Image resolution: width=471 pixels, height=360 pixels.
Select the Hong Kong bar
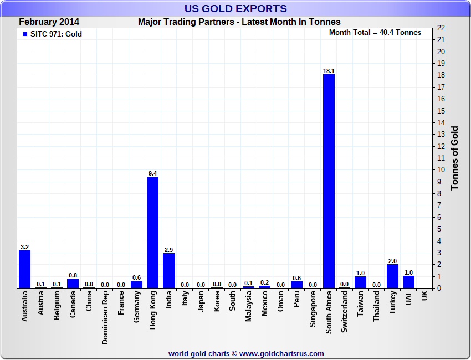point(152,233)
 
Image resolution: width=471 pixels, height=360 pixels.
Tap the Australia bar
point(24,269)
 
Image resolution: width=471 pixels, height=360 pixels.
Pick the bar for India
point(168,271)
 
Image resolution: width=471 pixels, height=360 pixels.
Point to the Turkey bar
point(392,276)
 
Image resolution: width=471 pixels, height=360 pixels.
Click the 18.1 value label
point(329,71)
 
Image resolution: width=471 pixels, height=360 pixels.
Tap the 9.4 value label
point(152,173)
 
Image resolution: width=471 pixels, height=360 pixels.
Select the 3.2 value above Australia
point(24,247)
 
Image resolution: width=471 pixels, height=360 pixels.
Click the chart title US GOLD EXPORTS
point(235,8)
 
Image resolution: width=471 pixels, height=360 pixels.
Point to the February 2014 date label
point(49,22)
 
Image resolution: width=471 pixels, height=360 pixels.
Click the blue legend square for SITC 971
point(25,34)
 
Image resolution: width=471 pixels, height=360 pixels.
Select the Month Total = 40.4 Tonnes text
point(375,33)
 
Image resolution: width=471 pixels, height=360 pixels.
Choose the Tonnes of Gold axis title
point(455,158)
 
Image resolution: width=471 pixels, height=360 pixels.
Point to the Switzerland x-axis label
point(345,312)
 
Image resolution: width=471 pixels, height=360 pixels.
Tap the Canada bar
point(73,283)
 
